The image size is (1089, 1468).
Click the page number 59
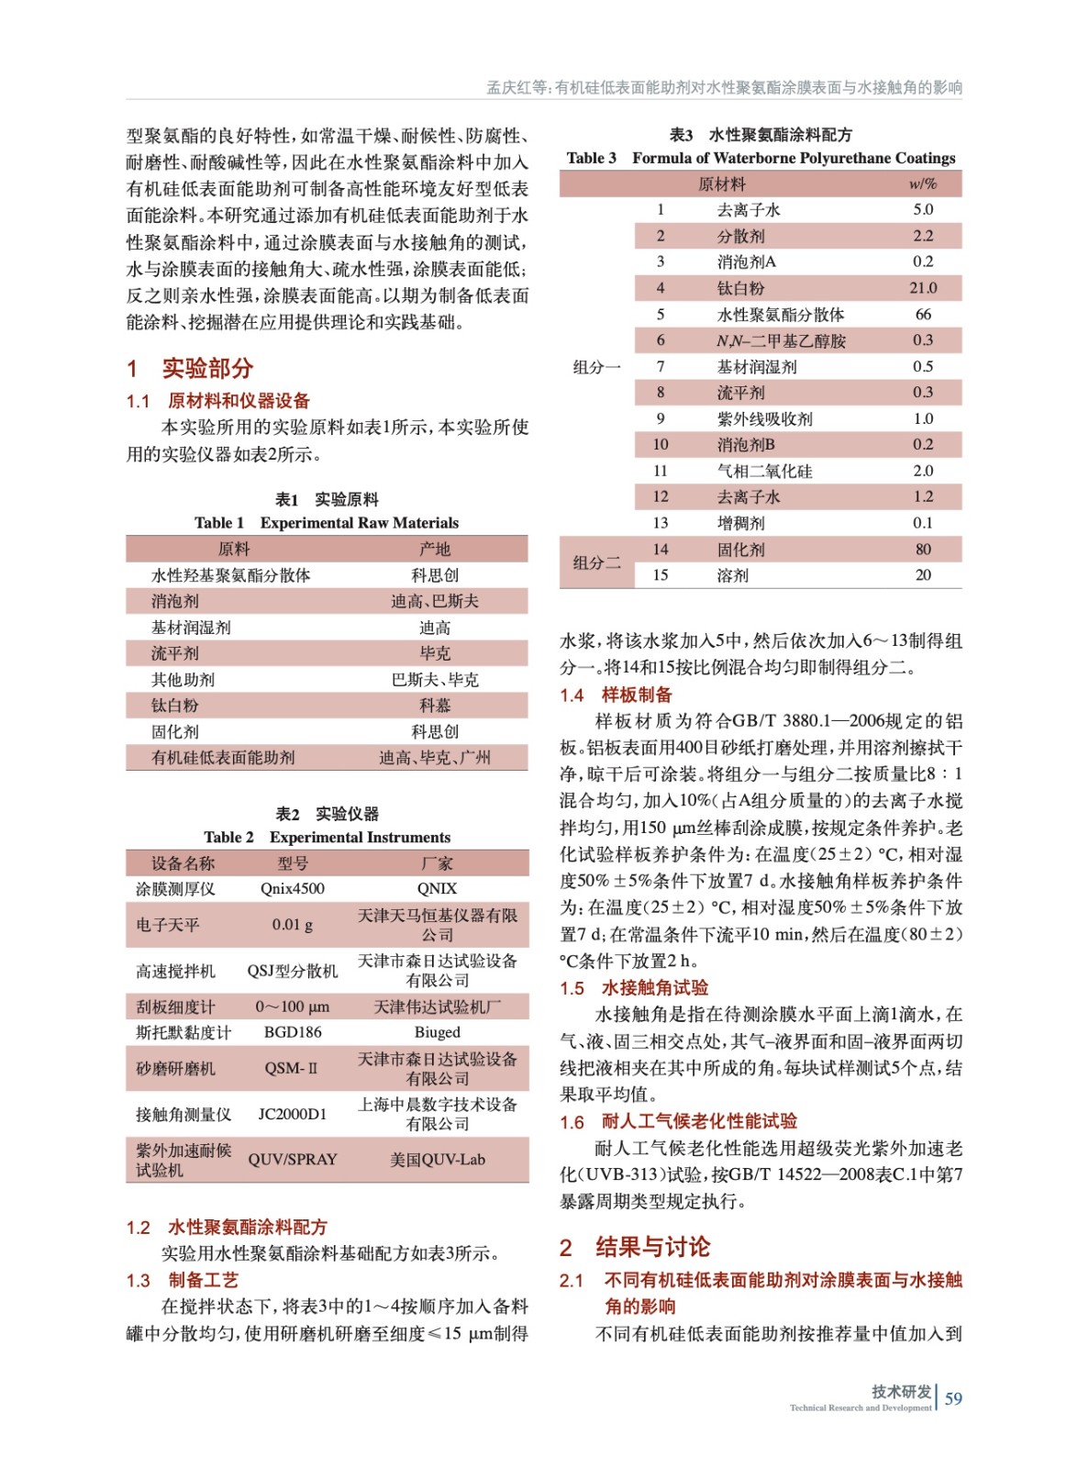(x=953, y=1398)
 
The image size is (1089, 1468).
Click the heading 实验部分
(x=207, y=368)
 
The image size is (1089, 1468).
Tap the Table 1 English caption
(x=327, y=523)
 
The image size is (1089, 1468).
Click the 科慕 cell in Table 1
(x=435, y=706)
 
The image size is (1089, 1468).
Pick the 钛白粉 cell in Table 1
(x=175, y=706)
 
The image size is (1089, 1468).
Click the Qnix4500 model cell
(x=293, y=888)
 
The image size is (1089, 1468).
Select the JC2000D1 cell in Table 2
(x=293, y=1114)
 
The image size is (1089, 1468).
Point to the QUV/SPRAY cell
(x=293, y=1160)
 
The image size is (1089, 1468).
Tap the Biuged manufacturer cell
(x=437, y=1032)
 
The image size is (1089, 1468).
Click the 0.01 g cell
(x=293, y=925)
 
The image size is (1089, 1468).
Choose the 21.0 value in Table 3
(x=923, y=288)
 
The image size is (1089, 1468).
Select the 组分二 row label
(x=596, y=562)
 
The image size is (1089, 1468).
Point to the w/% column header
(x=923, y=184)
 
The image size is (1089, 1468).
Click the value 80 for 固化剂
(x=923, y=550)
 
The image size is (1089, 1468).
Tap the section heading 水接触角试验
(x=655, y=988)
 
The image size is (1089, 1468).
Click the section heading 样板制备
(x=637, y=695)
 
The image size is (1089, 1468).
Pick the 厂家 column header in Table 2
(x=437, y=863)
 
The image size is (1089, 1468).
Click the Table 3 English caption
(x=761, y=158)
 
